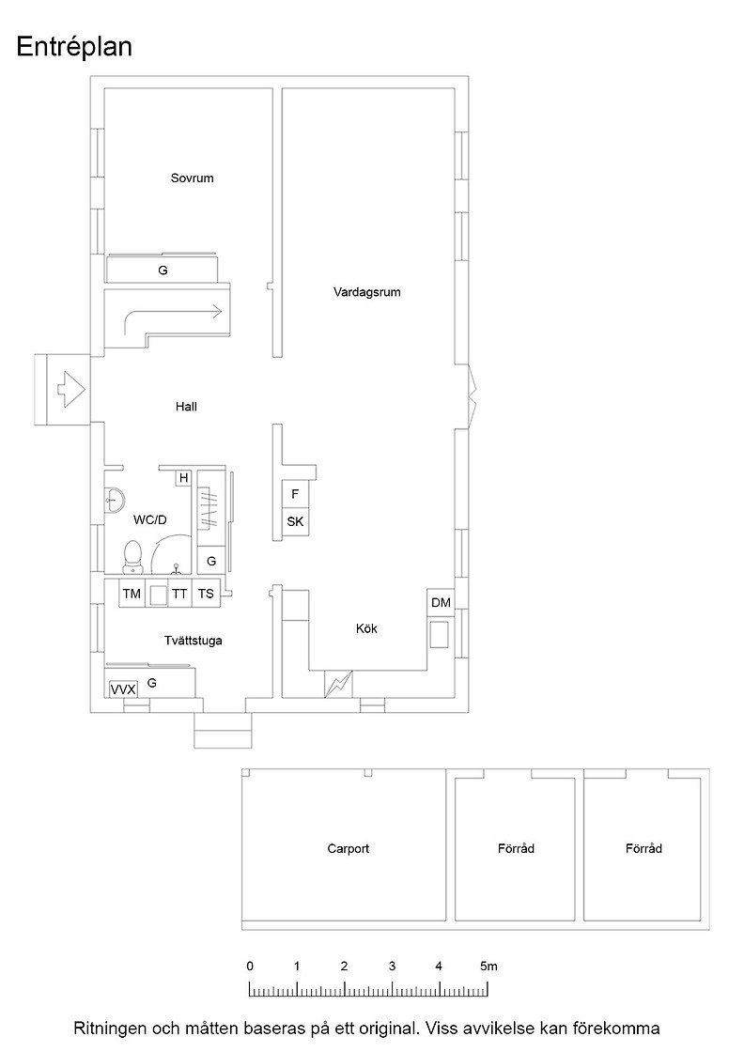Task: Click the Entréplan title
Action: click(74, 47)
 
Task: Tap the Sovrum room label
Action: click(192, 178)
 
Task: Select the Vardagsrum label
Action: click(367, 292)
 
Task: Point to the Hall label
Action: click(186, 407)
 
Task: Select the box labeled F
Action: click(295, 494)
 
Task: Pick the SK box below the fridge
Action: click(295, 521)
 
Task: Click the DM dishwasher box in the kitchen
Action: click(441, 602)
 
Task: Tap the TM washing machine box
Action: click(132, 594)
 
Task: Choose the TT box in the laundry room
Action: click(179, 594)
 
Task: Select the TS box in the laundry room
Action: click(206, 594)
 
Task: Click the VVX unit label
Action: click(123, 689)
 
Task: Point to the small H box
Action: click(183, 478)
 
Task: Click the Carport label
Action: click(349, 849)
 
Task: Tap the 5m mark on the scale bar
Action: click(488, 967)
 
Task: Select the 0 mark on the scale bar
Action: click(250, 967)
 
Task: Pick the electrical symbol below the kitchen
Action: click(338, 685)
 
